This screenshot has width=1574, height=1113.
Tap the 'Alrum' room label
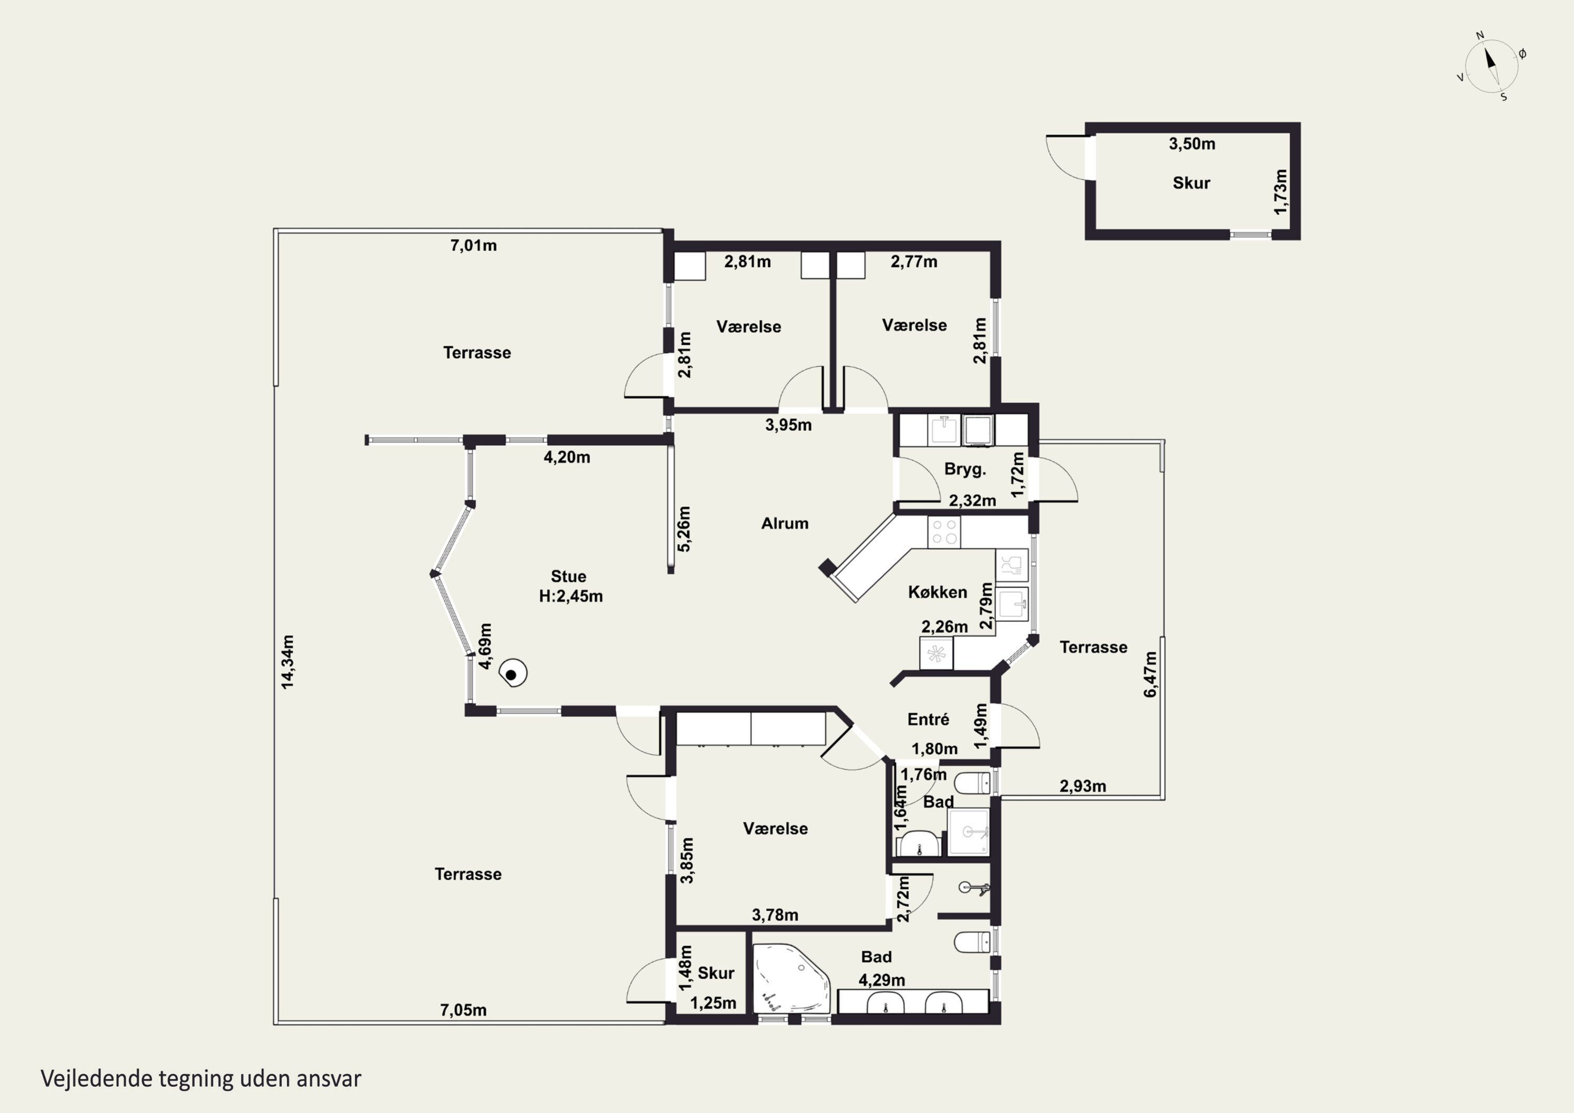[785, 523]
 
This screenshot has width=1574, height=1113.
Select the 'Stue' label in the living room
[568, 576]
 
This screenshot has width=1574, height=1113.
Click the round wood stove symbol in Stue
[512, 673]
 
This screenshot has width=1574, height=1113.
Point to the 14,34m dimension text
[287, 662]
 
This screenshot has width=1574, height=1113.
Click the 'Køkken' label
[937, 592]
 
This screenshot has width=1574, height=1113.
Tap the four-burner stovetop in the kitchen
[944, 532]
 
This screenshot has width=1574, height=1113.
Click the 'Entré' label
[928, 719]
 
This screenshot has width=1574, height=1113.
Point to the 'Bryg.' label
[964, 469]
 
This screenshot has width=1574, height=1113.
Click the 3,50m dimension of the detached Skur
[1192, 144]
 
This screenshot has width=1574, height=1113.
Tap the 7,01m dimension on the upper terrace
[474, 246]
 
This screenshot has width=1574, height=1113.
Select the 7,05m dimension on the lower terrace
[463, 1010]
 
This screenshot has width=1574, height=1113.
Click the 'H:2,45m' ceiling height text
[570, 596]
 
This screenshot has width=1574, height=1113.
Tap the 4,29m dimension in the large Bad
[881, 980]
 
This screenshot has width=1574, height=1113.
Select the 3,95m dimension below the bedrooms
[789, 425]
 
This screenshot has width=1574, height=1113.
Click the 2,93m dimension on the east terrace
[1082, 786]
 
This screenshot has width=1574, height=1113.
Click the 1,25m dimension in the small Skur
[713, 1003]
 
